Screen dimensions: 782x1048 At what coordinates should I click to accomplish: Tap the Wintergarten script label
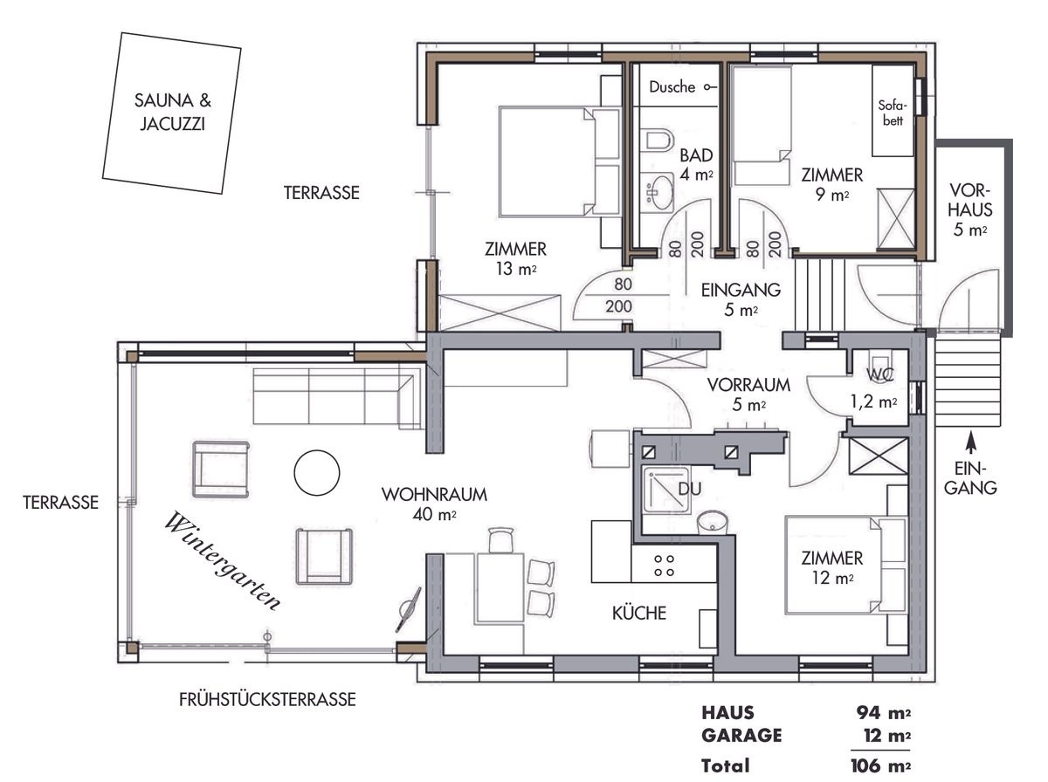coord(224,560)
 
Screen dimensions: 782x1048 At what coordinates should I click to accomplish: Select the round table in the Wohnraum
coord(316,473)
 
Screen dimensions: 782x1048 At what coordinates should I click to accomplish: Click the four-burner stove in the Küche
coord(664,566)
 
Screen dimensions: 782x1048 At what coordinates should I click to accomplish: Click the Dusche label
coord(672,87)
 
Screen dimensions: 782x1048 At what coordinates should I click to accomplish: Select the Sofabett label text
coord(890,113)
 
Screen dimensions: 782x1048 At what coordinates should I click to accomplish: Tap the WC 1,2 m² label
coord(874,392)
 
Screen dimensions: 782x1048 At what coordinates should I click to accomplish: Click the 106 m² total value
coord(880,765)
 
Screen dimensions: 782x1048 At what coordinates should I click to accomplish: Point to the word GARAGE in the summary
coord(741,736)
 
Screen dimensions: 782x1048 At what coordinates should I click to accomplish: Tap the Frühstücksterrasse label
coord(266,699)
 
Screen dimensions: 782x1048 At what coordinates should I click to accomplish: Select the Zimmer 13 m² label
coord(515,258)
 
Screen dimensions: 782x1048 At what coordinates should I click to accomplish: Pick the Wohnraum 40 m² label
coord(434,504)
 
